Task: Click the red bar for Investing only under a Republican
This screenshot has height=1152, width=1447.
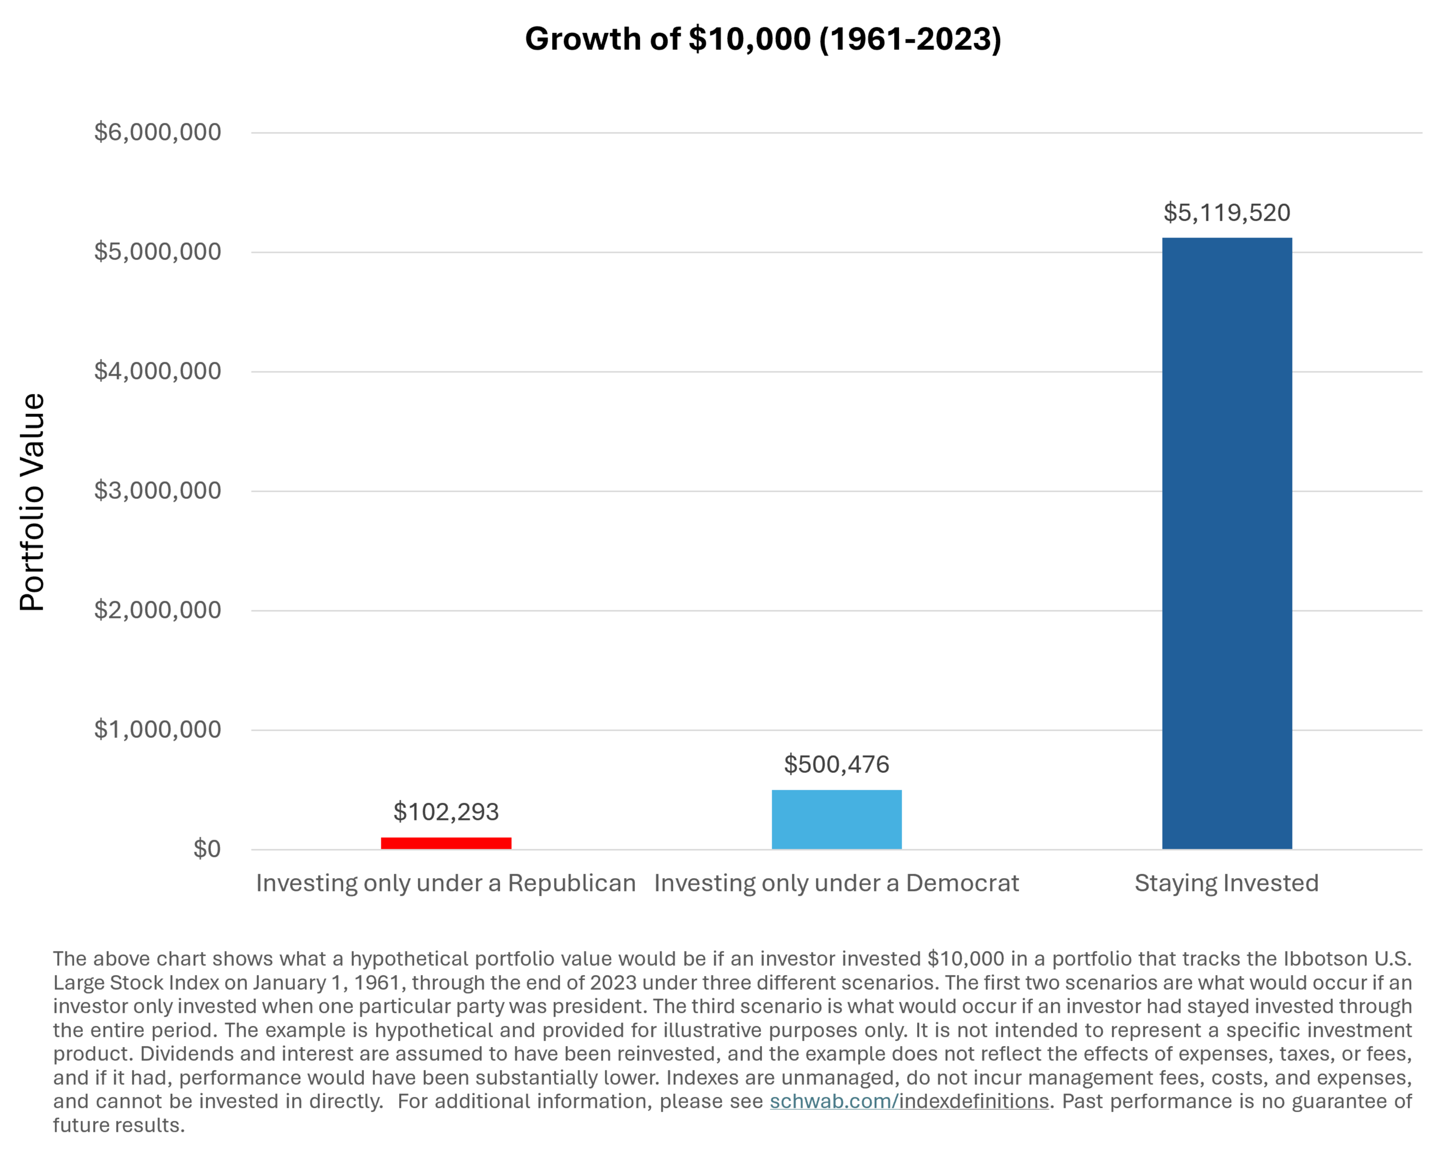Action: tap(447, 843)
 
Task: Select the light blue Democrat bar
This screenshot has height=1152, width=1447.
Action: tap(836, 819)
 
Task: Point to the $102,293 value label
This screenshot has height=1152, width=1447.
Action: tap(447, 812)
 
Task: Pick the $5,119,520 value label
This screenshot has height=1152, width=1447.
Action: tap(1227, 213)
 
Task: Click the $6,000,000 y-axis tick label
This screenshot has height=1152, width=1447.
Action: tap(158, 132)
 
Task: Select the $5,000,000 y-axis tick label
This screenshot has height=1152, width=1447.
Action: tap(158, 252)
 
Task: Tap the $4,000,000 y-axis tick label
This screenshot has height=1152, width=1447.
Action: tap(158, 371)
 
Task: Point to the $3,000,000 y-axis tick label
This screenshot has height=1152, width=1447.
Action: tap(158, 491)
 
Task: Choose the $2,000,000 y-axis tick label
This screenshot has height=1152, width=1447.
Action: tap(158, 610)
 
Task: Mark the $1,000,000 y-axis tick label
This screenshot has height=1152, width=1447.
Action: tap(158, 730)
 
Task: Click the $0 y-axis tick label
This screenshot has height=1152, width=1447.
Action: tap(207, 849)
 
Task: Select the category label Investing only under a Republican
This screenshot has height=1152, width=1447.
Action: tap(446, 883)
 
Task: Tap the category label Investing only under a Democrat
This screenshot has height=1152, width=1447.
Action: tap(836, 883)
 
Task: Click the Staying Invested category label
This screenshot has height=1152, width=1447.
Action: tap(1227, 883)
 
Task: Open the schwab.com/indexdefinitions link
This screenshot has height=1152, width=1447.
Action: tap(909, 1101)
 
